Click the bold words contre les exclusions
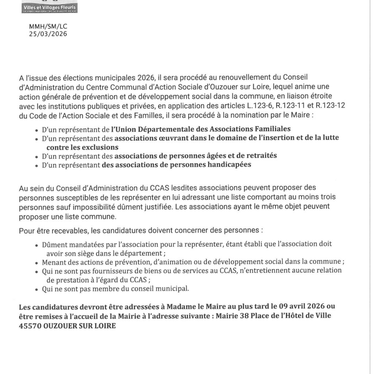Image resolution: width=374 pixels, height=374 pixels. (82, 147)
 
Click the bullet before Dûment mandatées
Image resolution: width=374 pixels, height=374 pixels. (37, 245)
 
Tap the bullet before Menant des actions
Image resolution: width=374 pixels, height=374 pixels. (37, 263)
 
